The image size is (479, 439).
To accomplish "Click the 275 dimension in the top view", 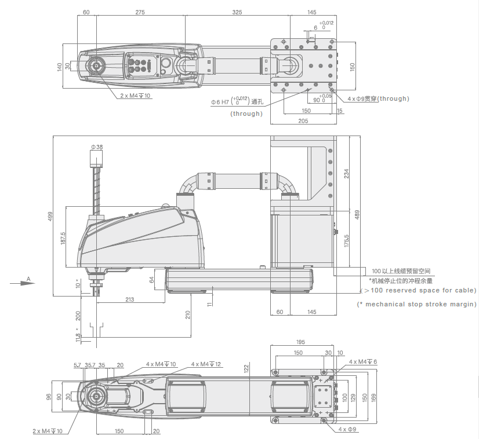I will coord(140,12).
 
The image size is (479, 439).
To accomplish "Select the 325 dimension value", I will coord(237,12).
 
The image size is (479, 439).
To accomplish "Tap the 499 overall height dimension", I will coord(50,216).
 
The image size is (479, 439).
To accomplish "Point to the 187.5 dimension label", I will coord(63,237).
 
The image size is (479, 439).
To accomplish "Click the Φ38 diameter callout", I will coord(97,147).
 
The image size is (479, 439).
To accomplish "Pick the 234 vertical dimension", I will coord(347,173).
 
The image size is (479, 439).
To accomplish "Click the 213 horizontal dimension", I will coord(129,299).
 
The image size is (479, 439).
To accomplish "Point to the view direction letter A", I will coord(28,279).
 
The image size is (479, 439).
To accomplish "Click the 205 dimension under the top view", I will coord(303,120).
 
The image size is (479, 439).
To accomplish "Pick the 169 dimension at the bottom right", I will coord(373,398).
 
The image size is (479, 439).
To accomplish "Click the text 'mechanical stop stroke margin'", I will coord(417,304).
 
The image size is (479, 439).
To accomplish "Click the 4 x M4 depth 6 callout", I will coord(363,361).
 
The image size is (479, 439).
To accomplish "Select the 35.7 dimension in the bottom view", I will coord(90,365).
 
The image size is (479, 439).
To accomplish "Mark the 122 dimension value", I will coord(246,368).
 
